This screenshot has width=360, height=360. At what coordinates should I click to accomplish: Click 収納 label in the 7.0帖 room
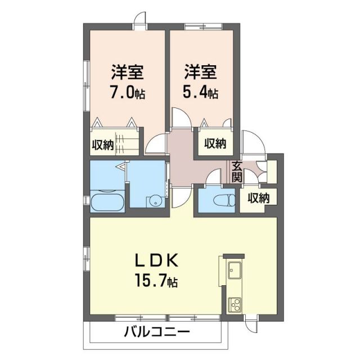point(102,145)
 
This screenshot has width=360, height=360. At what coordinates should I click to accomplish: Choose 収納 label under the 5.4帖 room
point(215,144)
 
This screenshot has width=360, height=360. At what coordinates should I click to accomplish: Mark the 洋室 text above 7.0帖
point(127,73)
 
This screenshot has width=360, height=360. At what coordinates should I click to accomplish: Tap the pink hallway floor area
point(181,160)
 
